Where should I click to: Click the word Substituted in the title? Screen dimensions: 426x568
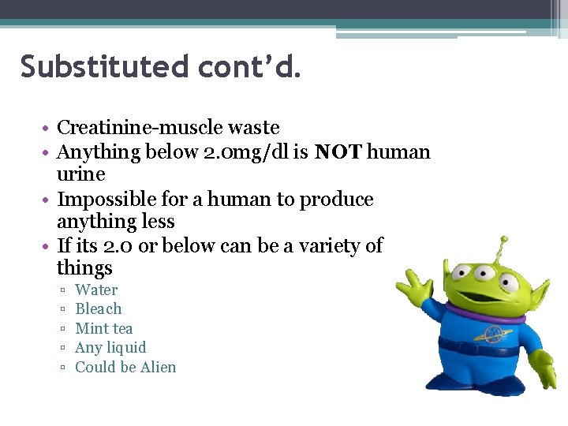(104, 67)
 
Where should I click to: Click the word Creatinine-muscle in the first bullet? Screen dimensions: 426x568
(142, 128)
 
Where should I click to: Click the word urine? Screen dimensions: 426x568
(80, 174)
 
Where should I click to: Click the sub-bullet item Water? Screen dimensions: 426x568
(96, 290)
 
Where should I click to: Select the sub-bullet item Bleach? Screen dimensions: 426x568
(99, 308)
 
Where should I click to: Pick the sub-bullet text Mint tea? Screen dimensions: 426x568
(103, 328)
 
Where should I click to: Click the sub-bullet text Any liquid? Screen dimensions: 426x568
(110, 347)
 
